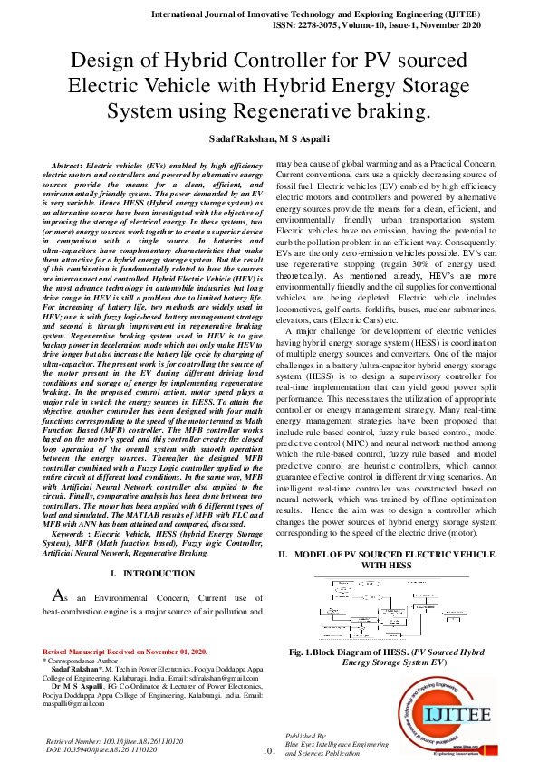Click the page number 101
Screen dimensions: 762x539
click(268, 751)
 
